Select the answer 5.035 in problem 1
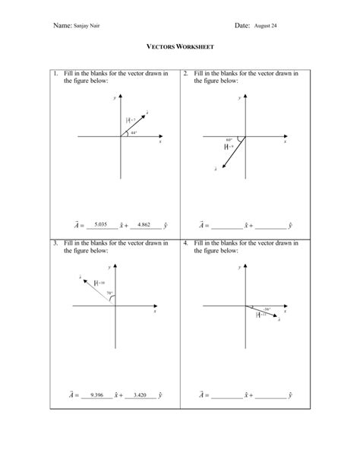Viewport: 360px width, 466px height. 103,224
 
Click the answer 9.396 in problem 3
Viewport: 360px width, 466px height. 96,395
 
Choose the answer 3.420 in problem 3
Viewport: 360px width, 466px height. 141,395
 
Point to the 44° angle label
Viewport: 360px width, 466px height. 133,132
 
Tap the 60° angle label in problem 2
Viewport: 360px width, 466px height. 229,139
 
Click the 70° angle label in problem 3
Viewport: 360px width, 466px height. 109,293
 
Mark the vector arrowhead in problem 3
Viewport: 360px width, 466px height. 82,281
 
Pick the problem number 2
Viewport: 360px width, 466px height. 186,74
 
